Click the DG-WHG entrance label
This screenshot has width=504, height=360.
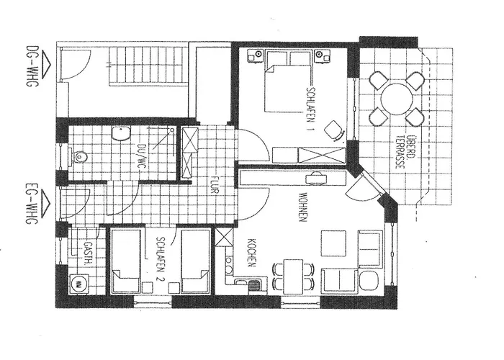pyautogui.click(x=32, y=66)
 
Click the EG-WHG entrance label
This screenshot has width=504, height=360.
pyautogui.click(x=32, y=204)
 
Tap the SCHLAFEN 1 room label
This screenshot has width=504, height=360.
pyautogui.click(x=311, y=109)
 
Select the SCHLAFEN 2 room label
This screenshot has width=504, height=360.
pyautogui.click(x=161, y=259)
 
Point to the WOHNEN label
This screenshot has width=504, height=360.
pyautogui.click(x=303, y=207)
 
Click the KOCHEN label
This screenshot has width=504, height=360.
pyautogui.click(x=252, y=253)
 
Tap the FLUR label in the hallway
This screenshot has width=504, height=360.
pyautogui.click(x=215, y=185)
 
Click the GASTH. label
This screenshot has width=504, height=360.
pyautogui.click(x=87, y=253)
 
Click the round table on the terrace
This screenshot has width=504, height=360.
pyautogui.click(x=396, y=99)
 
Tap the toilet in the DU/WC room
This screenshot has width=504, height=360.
pyautogui.click(x=78, y=158)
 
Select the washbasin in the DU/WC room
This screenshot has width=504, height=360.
pyautogui.click(x=121, y=133)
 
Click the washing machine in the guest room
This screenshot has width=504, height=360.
pyautogui.click(x=78, y=284)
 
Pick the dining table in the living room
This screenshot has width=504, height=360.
pyautogui.click(x=293, y=276)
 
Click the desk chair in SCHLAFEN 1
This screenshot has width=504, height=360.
pyautogui.click(x=334, y=130)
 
